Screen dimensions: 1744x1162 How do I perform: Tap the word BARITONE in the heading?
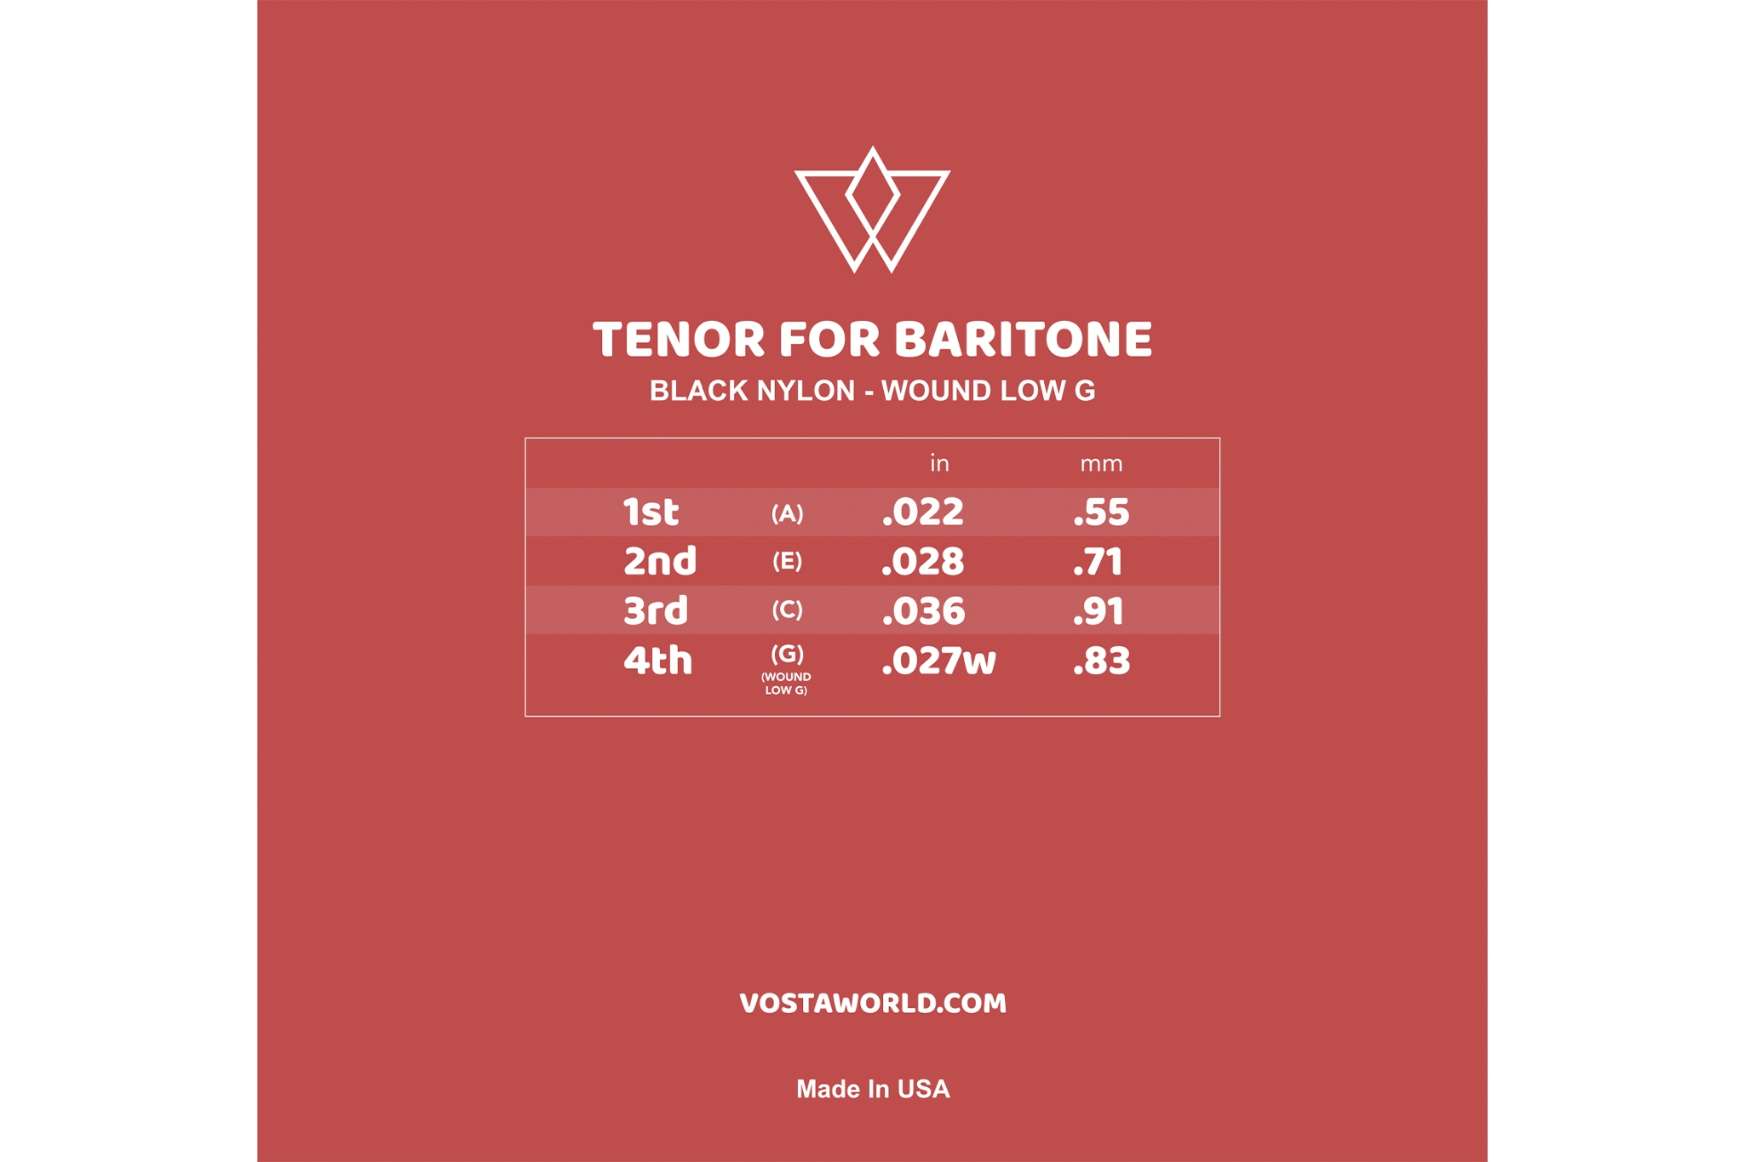1024,340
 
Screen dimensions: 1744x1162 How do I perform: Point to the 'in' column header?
938,463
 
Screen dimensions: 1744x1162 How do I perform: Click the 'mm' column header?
1101,464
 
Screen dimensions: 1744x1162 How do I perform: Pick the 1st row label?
651,512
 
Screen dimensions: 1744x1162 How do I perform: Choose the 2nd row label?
660,561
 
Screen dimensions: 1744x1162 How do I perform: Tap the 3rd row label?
656,610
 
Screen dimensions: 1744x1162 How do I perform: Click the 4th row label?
657,660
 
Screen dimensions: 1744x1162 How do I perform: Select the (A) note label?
787,513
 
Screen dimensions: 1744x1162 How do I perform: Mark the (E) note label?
787,562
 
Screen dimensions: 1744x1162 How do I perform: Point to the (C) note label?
787,610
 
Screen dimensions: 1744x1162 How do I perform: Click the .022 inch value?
923,512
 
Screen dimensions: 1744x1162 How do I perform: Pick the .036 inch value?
923,611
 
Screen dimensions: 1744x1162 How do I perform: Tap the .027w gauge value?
938,661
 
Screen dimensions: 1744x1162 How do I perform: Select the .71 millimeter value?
1098,562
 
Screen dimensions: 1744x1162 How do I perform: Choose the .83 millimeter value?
1102,661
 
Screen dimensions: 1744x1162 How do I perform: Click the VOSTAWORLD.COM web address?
873,1004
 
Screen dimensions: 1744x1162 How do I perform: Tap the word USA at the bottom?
924,1089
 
